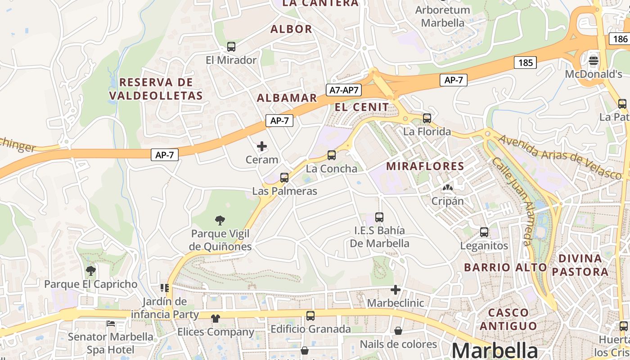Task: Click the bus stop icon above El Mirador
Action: [x=231, y=46]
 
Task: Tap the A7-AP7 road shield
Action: [x=344, y=90]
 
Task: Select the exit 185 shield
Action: [x=525, y=63]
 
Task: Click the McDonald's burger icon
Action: [x=594, y=60]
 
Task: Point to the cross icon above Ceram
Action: [x=261, y=146]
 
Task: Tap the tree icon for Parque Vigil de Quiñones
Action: [x=220, y=220]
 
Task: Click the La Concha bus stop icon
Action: [x=332, y=155]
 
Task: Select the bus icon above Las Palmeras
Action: [x=284, y=177]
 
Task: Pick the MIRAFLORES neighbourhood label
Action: [x=425, y=166]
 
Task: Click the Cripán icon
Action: [x=447, y=188]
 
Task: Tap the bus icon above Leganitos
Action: [x=484, y=232]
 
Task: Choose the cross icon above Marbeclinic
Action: [x=396, y=290]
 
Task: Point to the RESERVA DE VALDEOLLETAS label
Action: [x=156, y=89]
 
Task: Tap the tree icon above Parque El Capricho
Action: [x=91, y=270]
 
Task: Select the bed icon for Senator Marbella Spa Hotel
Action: [x=111, y=323]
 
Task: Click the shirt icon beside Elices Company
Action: [x=216, y=319]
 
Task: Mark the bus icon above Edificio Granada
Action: [x=310, y=315]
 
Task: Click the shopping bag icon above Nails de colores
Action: [x=398, y=331]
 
